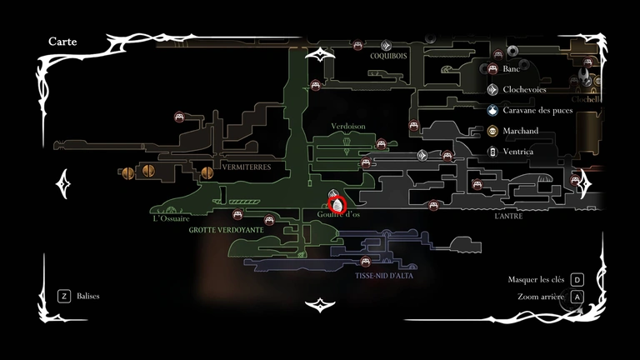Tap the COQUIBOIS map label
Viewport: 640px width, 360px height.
(x=389, y=57)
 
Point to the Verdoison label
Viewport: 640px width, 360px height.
(x=348, y=126)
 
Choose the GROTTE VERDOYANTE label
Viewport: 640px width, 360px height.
(x=226, y=229)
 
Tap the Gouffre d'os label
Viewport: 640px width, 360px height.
(x=338, y=214)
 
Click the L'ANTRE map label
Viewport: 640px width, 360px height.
(x=508, y=216)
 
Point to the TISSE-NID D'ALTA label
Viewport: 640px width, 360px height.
(x=383, y=275)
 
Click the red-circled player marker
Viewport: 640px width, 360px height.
(x=337, y=202)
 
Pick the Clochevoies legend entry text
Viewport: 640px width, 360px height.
(x=527, y=89)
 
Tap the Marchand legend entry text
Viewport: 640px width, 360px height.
(x=522, y=131)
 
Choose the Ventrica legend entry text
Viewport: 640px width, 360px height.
(x=519, y=152)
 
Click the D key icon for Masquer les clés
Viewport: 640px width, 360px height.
(x=577, y=280)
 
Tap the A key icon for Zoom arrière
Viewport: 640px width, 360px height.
(x=577, y=297)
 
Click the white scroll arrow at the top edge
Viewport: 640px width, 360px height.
(x=321, y=55)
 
